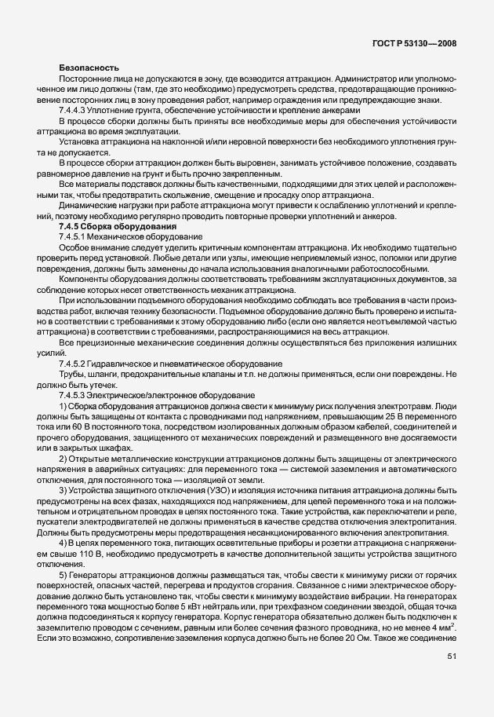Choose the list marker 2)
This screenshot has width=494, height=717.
[x=63, y=458]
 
